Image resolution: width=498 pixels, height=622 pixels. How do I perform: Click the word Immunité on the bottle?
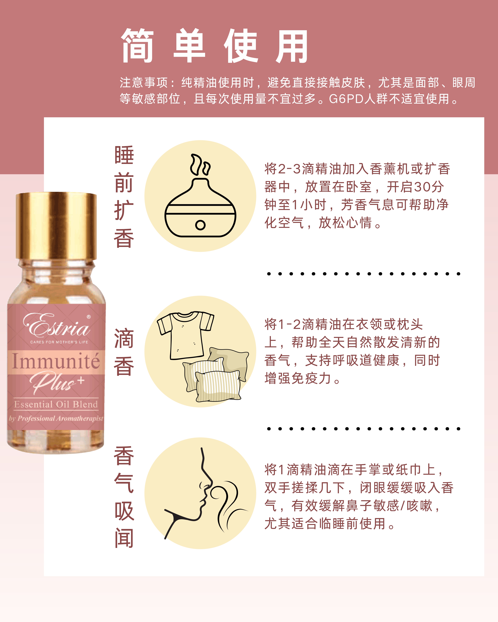tap(56, 361)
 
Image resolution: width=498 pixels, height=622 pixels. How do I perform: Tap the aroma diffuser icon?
tap(200, 208)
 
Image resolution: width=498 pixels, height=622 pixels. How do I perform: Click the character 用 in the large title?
tap(292, 46)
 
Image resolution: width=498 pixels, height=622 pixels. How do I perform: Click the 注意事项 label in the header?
tap(144, 83)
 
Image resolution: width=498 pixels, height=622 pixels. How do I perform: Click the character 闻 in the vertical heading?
tap(124, 538)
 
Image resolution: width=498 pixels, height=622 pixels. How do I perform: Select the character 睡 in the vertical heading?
tap(124, 156)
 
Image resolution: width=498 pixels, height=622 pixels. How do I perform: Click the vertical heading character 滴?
tap(124, 338)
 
